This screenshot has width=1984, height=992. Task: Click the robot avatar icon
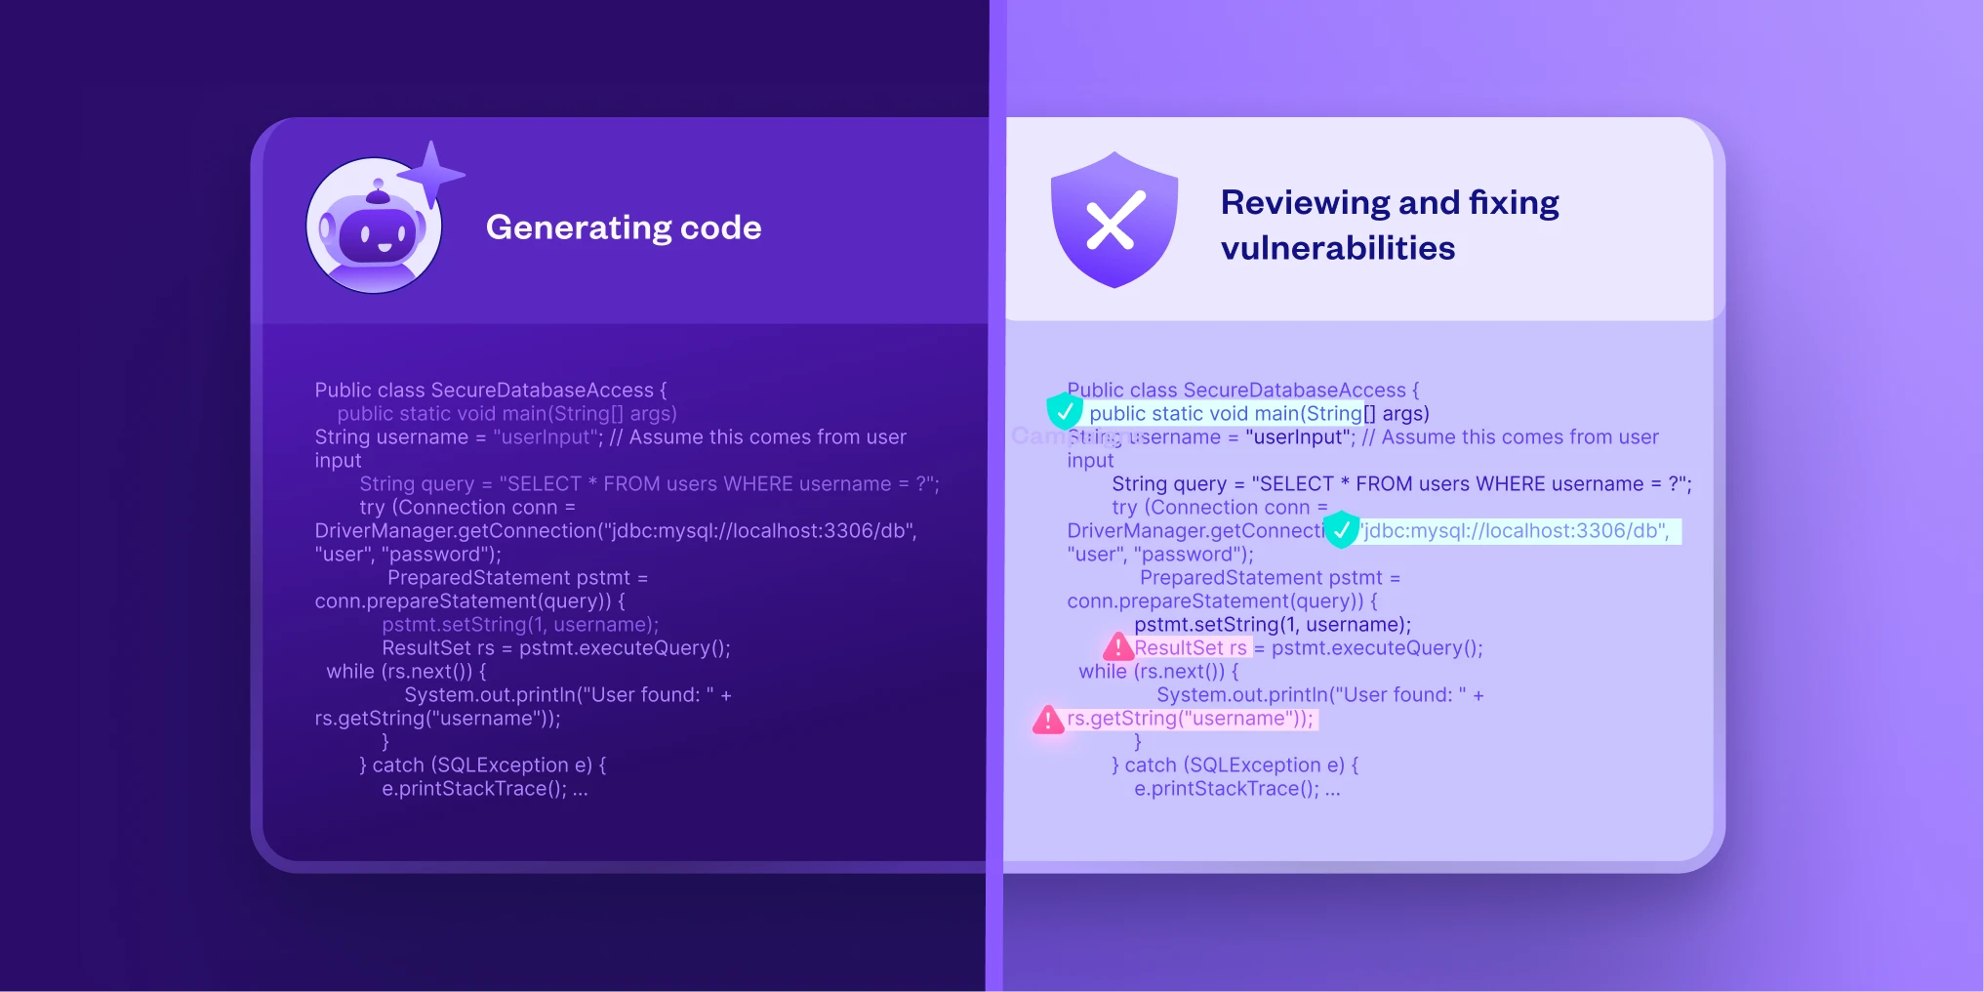(x=374, y=227)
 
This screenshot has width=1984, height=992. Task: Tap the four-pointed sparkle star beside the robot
(x=431, y=174)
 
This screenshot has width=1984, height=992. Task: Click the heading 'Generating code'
(x=624, y=227)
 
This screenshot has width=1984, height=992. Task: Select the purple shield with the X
(x=1113, y=220)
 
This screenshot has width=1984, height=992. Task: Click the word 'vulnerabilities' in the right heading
(x=1337, y=249)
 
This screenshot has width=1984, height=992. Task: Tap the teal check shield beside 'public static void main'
(x=1064, y=411)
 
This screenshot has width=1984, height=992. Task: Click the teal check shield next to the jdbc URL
(x=1342, y=529)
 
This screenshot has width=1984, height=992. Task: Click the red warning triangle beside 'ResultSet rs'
(x=1117, y=646)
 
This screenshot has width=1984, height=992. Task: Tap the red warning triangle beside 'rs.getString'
(x=1048, y=721)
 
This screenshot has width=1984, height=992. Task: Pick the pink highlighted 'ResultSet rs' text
(x=1191, y=648)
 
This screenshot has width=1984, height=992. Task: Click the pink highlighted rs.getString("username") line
(x=1190, y=719)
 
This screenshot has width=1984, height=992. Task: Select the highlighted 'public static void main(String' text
(x=1225, y=414)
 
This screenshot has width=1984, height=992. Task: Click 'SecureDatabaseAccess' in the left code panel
(x=542, y=391)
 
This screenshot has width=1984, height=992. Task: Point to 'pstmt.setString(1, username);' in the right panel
(x=1272, y=625)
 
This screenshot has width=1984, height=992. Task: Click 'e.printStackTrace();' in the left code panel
(x=474, y=789)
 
